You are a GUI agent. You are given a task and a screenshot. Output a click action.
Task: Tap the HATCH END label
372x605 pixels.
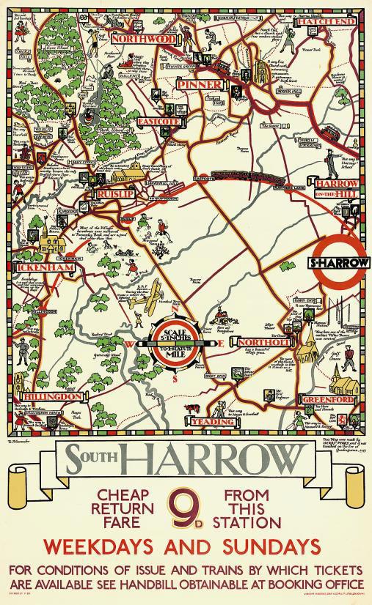coord(319,23)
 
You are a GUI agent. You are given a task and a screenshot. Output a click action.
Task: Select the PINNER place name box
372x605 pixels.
coord(199,85)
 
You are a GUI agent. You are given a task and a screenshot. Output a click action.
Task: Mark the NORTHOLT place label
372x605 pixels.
coord(255,342)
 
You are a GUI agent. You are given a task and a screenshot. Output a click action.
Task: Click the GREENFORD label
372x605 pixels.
coord(330,401)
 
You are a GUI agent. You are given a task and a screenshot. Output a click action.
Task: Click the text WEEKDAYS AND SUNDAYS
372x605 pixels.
coord(186,546)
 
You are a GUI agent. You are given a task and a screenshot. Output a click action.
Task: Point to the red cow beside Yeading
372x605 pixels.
coord(194,407)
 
